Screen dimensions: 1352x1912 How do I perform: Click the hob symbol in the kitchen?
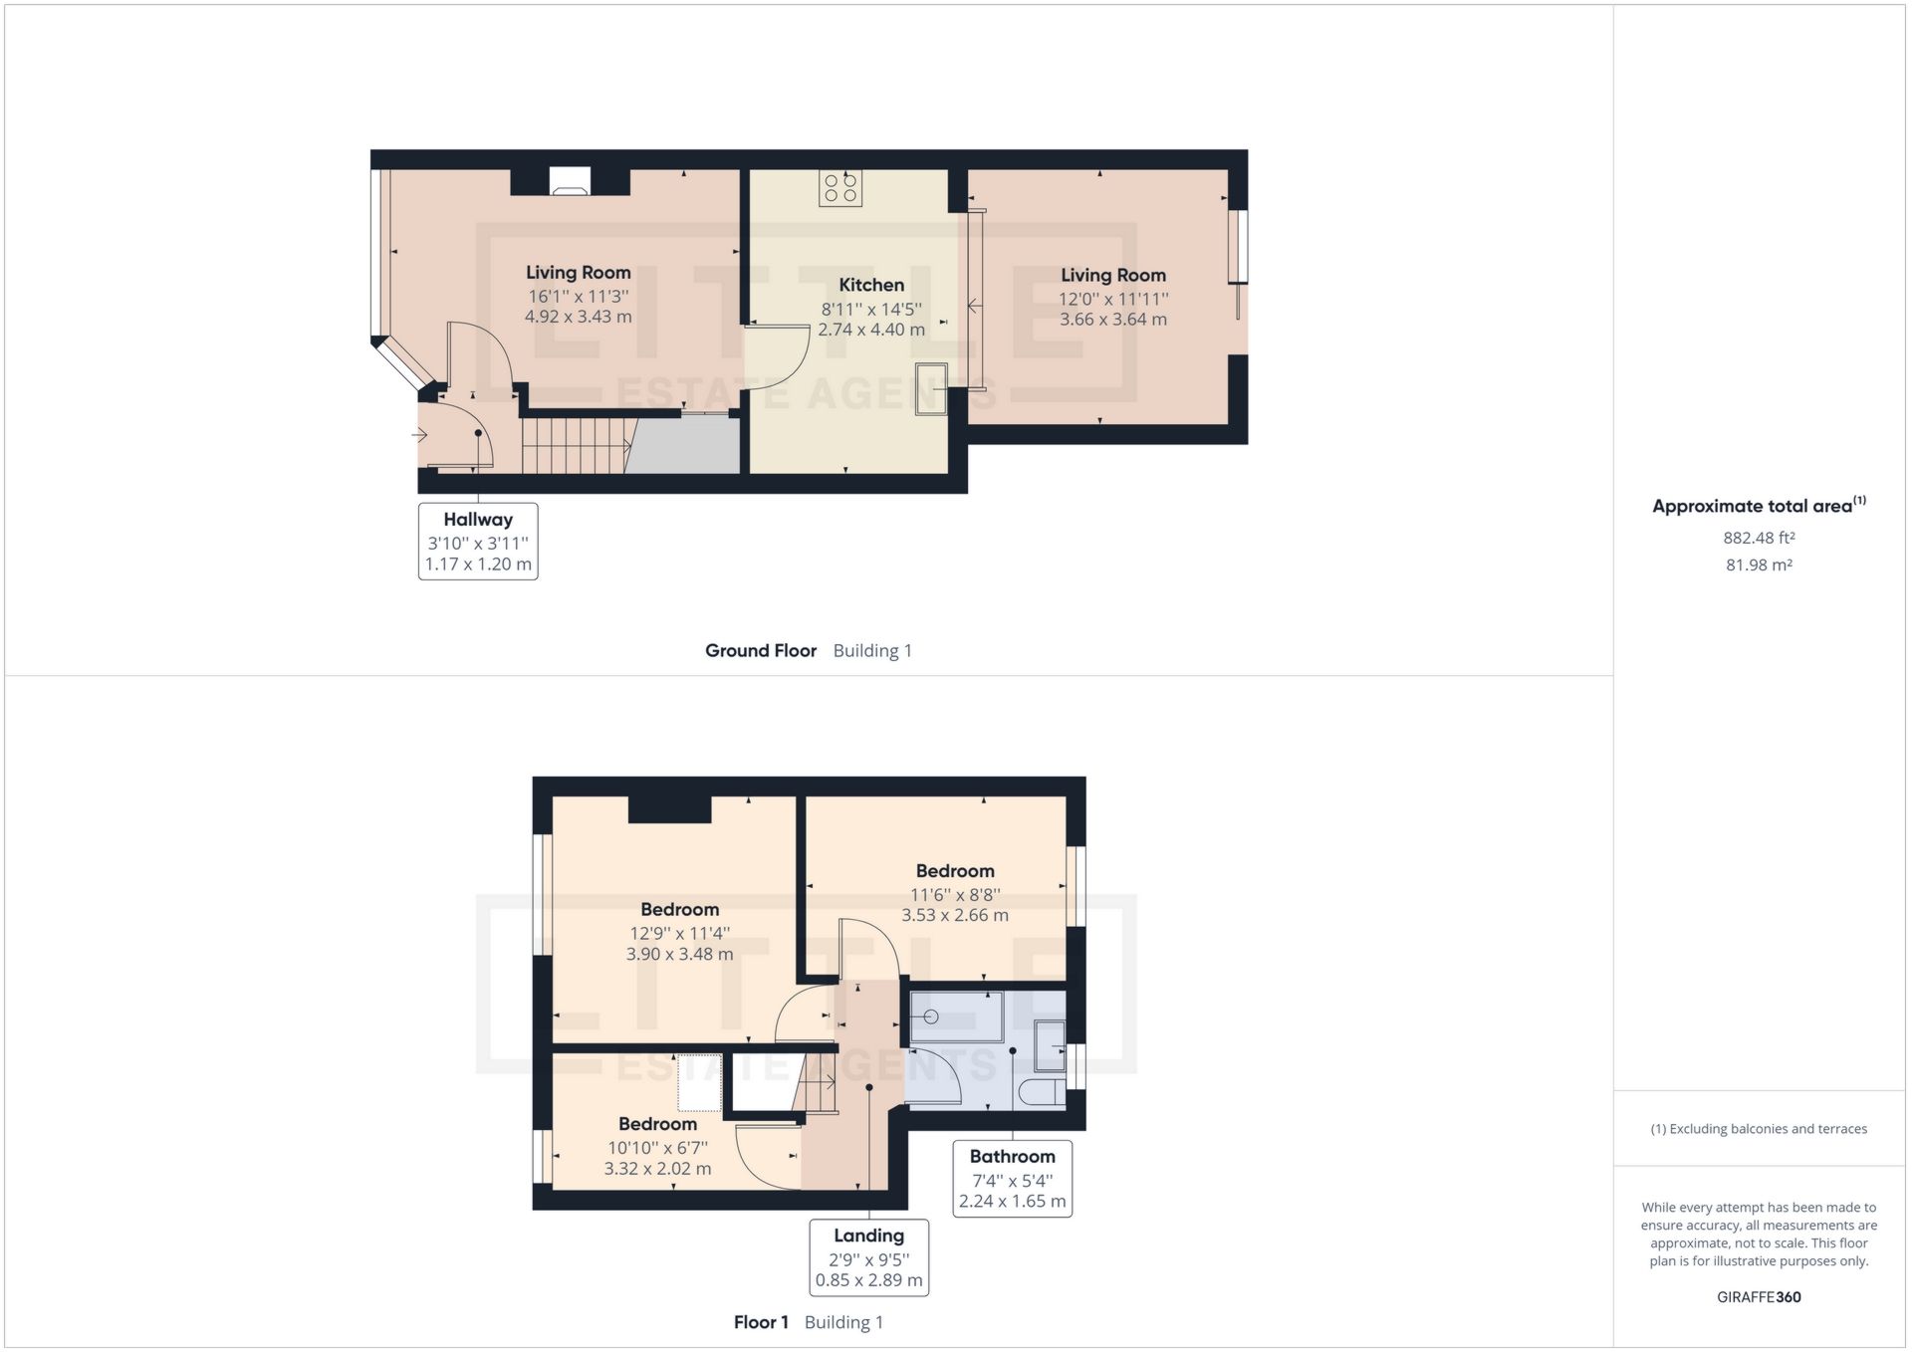click(x=840, y=188)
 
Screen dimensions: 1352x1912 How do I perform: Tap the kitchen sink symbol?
click(x=932, y=387)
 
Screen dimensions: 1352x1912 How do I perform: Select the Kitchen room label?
click(x=871, y=285)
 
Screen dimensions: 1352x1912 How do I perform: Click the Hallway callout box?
click(x=478, y=541)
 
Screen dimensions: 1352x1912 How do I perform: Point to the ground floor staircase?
click(x=576, y=445)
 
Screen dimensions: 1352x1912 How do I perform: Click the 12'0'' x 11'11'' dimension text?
click(x=1113, y=299)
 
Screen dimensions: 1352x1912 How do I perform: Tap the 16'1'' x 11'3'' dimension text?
click(x=579, y=296)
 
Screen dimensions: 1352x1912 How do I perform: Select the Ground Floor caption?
click(x=761, y=650)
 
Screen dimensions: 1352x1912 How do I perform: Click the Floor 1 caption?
click(x=761, y=1322)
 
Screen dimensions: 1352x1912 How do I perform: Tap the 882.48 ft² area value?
click(x=1759, y=538)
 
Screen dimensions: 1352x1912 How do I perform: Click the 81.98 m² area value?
click(x=1759, y=564)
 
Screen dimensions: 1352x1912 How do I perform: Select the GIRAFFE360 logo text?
click(x=1759, y=1297)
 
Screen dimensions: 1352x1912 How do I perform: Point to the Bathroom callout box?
click(x=1012, y=1178)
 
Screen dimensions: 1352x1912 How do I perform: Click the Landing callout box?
click(x=868, y=1256)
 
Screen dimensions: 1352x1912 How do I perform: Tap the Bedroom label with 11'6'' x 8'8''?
click(x=955, y=871)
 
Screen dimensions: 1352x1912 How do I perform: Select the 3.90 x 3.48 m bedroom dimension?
click(x=679, y=954)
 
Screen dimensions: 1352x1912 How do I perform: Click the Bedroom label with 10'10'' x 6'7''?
click(x=657, y=1124)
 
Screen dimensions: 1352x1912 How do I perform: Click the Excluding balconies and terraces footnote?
click(x=1759, y=1129)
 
